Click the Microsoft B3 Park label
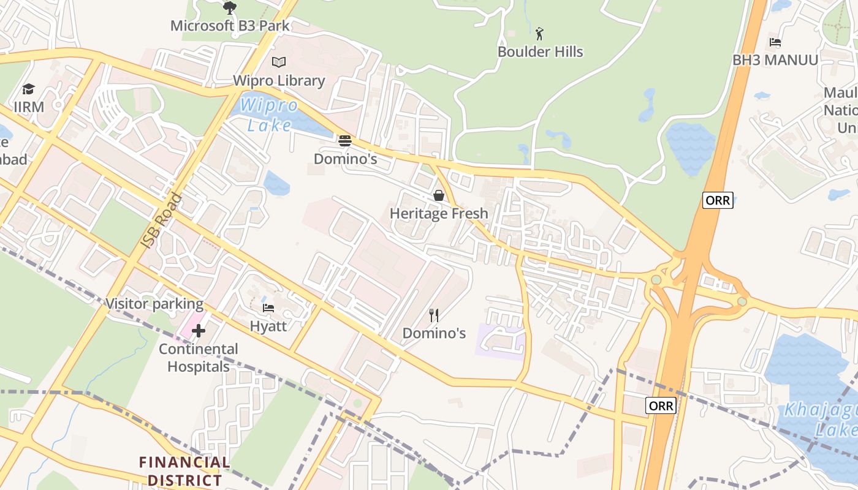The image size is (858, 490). click(230, 26)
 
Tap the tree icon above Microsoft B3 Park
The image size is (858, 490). click(230, 8)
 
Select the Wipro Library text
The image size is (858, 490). click(279, 81)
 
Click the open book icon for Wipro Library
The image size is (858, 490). click(279, 62)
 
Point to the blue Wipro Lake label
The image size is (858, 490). click(269, 115)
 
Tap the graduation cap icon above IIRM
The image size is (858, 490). click(29, 89)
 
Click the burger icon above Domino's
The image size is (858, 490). click(345, 141)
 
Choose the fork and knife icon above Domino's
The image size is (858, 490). click(434, 315)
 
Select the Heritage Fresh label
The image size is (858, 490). click(439, 214)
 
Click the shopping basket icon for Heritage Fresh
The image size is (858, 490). click(439, 195)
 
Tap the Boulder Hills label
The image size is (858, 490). click(540, 52)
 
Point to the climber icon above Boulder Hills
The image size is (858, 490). click(539, 33)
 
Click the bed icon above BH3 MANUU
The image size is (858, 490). click(775, 42)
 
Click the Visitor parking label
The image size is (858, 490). click(154, 304)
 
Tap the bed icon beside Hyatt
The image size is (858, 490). click(268, 307)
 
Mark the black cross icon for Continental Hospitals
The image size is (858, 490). click(199, 331)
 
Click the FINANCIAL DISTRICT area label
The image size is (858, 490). click(184, 471)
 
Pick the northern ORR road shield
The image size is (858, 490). click(717, 200)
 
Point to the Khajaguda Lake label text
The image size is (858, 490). click(821, 419)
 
